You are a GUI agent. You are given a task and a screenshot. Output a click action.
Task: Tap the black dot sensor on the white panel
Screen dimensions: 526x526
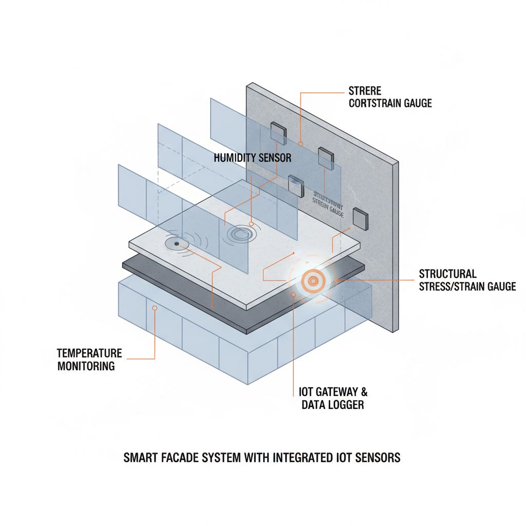177,243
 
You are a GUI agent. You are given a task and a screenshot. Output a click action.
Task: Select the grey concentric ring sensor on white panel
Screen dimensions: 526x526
239,234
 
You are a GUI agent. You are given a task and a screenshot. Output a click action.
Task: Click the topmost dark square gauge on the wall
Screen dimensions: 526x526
278,132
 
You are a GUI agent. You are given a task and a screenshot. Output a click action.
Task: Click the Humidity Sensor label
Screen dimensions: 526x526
252,158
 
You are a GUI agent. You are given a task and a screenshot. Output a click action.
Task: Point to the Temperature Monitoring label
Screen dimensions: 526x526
89,360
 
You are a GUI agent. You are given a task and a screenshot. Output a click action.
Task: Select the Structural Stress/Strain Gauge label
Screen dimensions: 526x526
467,280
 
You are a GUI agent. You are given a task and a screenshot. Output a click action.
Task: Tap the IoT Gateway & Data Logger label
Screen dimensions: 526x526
333,398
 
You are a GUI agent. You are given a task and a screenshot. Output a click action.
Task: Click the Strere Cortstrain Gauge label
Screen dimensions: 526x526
390,97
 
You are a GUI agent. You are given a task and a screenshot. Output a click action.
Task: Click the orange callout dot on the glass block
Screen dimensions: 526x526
154,307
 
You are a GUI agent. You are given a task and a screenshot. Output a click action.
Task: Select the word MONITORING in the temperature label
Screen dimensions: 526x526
86,366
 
